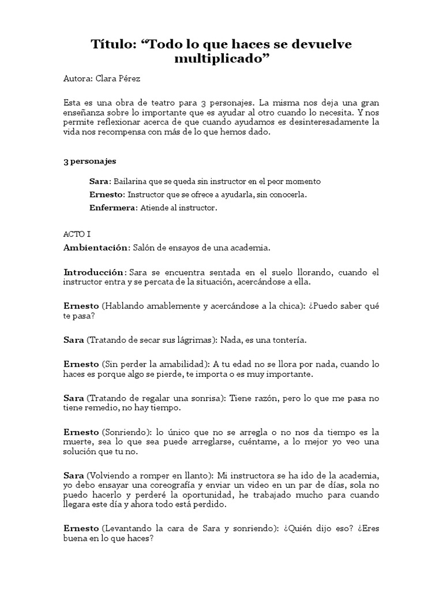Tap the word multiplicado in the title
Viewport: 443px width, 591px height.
tap(221, 58)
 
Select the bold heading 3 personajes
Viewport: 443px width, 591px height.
tap(89, 161)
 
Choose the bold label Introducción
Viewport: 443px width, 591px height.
tap(94, 272)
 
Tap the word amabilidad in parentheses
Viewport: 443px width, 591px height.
tap(179, 364)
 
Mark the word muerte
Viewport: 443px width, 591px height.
tap(78, 443)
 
